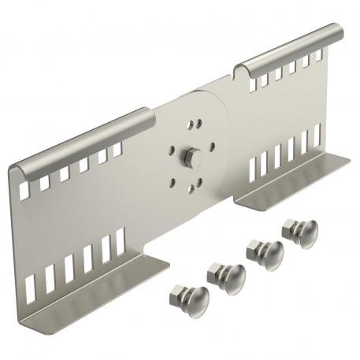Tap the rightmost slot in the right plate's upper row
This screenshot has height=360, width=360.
[x=320, y=54]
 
